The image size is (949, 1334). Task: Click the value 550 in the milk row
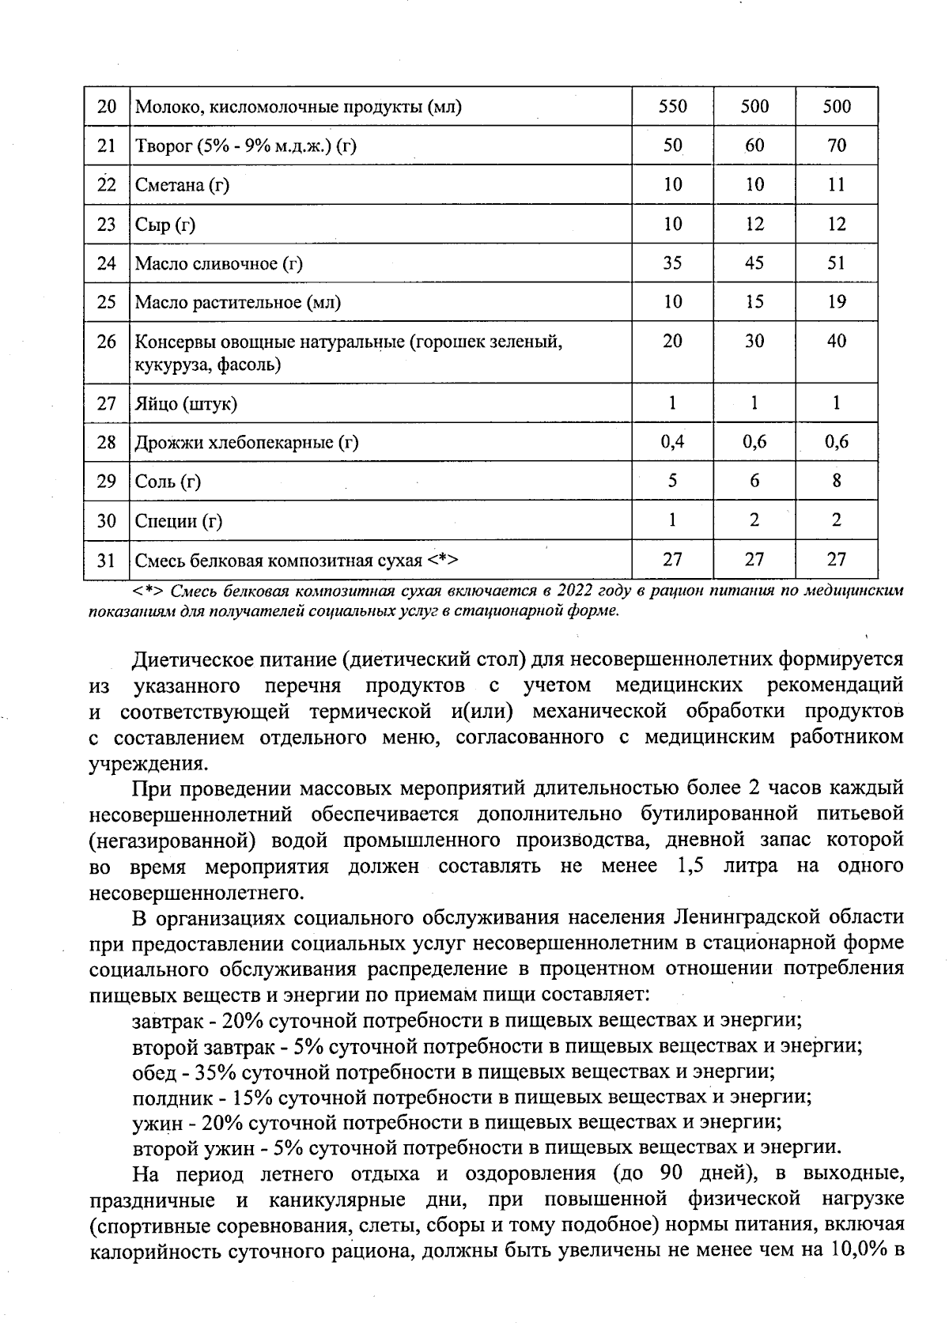(672, 106)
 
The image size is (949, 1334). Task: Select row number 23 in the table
(106, 225)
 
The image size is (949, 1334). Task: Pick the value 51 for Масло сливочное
(836, 263)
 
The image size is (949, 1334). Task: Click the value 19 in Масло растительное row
(836, 301)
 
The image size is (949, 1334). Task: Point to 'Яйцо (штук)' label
(186, 404)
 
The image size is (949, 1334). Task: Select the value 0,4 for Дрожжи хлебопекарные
(672, 442)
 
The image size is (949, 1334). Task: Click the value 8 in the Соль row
(836, 481)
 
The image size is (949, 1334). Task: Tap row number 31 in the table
(106, 561)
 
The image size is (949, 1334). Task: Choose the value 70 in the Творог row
(836, 145)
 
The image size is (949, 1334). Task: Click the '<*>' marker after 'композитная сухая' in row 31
(444, 561)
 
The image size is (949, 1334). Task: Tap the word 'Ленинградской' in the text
(745, 917)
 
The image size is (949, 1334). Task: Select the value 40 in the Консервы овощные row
(836, 341)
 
